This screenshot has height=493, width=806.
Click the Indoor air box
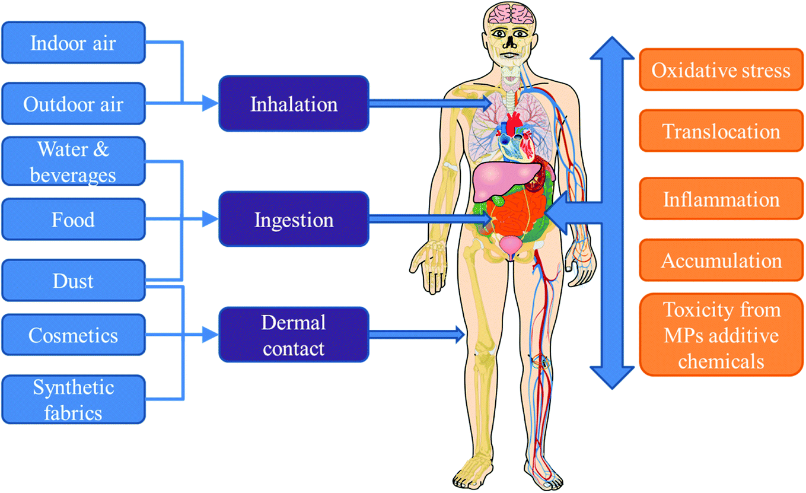tap(73, 43)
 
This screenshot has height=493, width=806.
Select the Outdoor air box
tap(73, 104)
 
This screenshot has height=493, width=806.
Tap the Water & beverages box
tap(73, 161)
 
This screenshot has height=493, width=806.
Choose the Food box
tap(73, 220)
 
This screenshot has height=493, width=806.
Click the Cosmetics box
tap(73, 335)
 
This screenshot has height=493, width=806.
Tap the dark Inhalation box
tap(294, 104)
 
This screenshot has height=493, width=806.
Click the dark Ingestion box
tap(294, 220)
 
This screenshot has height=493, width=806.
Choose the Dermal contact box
tap(294, 335)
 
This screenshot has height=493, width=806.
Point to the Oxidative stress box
tap(721, 70)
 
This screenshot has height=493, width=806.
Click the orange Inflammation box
tap(721, 199)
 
